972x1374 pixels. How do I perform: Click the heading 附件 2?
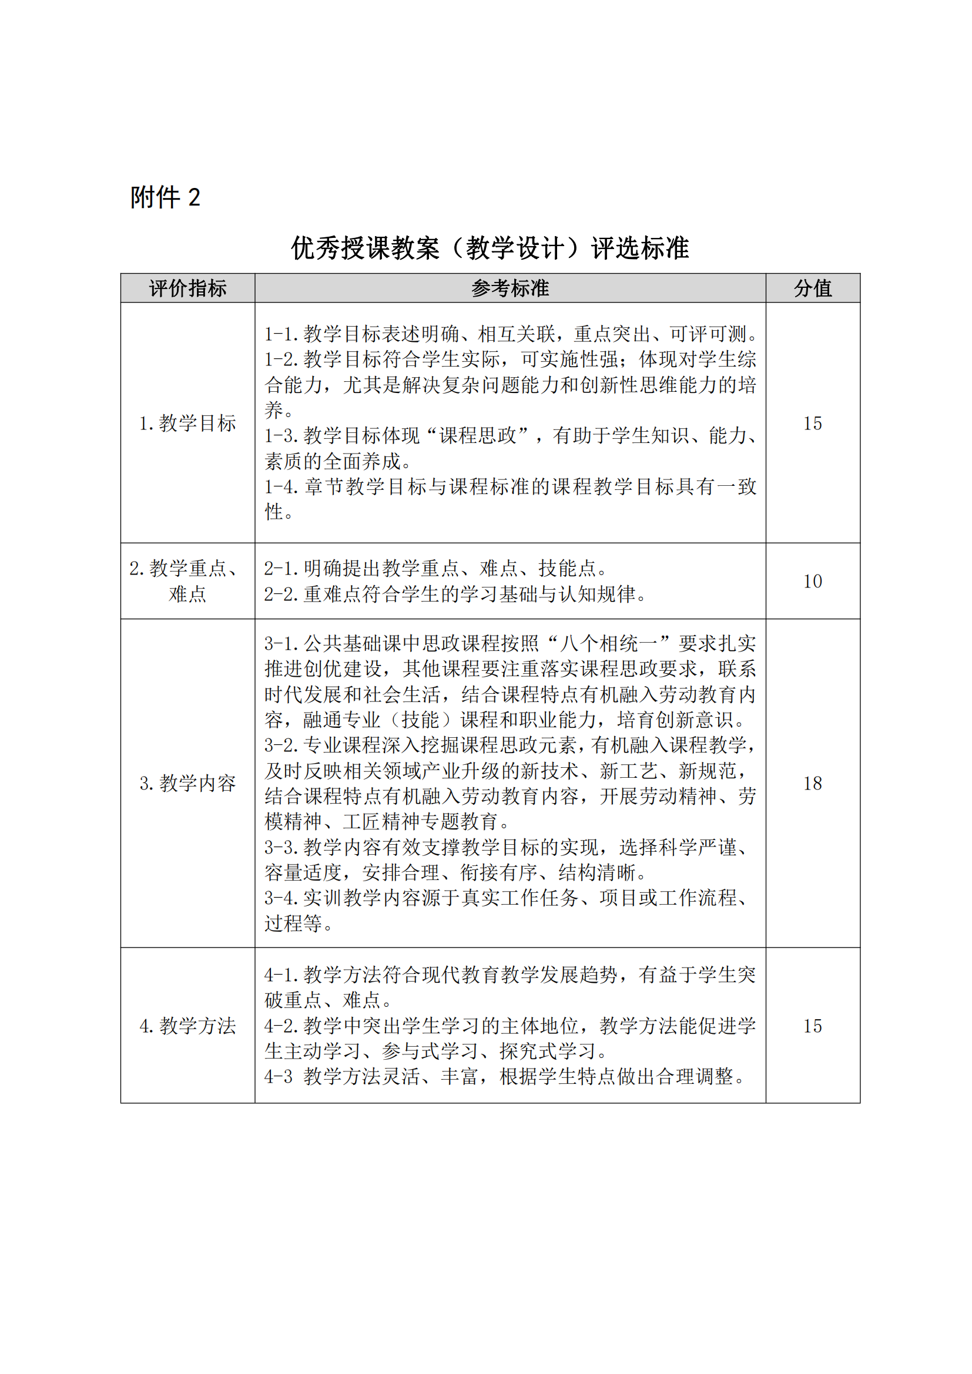pyautogui.click(x=165, y=197)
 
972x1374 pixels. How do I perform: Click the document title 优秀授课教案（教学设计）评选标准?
pyautogui.click(x=490, y=248)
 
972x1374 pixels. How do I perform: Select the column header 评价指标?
pyautogui.click(x=187, y=288)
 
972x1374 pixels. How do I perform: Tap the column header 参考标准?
pyautogui.click(x=510, y=288)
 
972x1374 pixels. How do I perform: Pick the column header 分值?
pyautogui.click(x=812, y=288)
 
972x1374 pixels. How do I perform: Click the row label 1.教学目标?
pyautogui.click(x=187, y=423)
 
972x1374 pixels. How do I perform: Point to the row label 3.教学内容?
pyautogui.click(x=187, y=782)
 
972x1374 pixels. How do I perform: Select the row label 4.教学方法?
pyautogui.click(x=187, y=1026)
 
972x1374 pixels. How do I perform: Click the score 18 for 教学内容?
pyautogui.click(x=812, y=782)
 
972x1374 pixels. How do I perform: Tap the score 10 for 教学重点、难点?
pyautogui.click(x=812, y=581)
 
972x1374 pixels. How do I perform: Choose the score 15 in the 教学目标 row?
pyautogui.click(x=812, y=423)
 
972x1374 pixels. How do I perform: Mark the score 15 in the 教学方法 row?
pyautogui.click(x=812, y=1026)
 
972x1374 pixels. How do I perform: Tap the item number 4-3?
pyautogui.click(x=279, y=1077)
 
